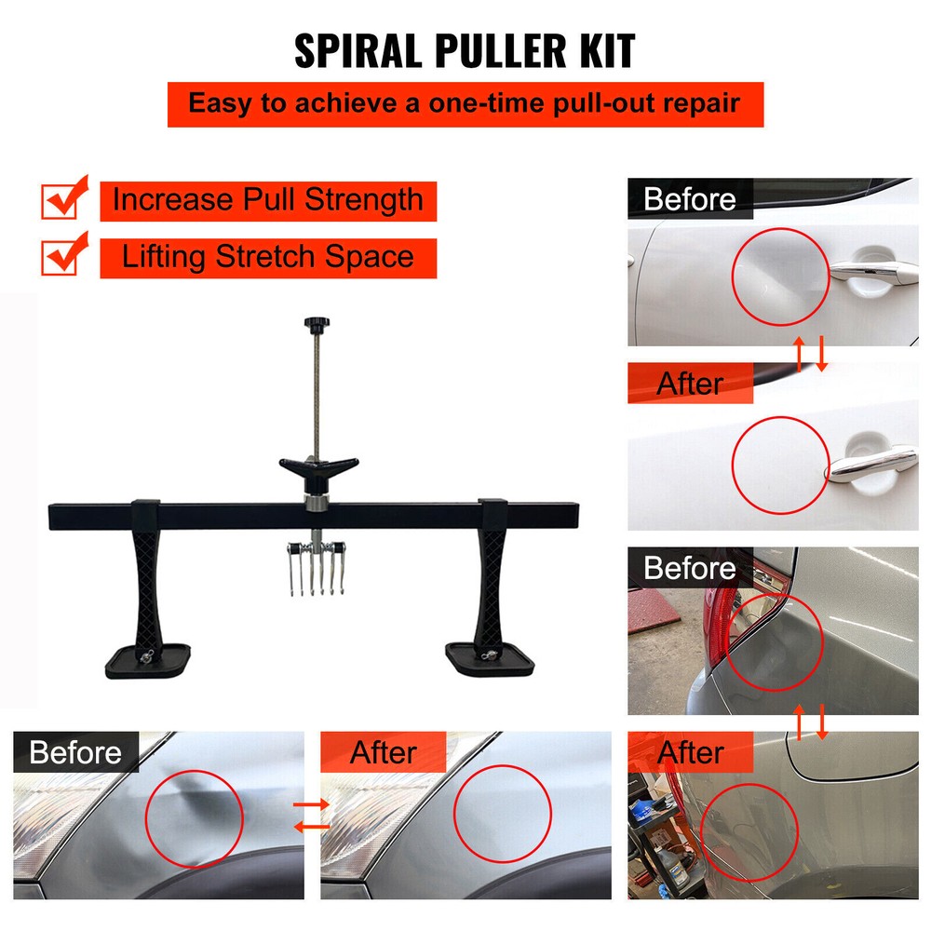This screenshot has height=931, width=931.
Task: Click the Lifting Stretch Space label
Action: pos(268,257)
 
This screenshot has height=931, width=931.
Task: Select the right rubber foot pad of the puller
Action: pos(490,659)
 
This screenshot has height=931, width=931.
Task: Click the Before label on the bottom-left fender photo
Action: pos(75,752)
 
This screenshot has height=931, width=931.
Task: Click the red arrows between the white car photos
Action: pos(809,355)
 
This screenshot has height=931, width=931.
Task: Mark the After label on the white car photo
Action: pos(690,384)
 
